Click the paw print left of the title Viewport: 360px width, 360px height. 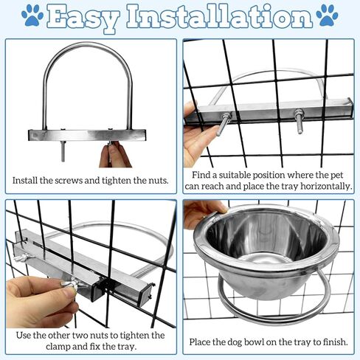32,15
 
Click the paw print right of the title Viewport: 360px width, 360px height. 328,15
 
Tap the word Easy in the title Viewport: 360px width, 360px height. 83,17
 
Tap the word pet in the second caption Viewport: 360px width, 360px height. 336,176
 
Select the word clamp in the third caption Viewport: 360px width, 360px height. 58,347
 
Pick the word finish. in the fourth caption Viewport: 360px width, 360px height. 335,342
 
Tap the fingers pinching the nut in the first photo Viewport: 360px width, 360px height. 115,155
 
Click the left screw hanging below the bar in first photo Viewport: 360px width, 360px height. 63,151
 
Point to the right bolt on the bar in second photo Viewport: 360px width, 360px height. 299,120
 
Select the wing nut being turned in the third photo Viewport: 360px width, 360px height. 69,286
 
